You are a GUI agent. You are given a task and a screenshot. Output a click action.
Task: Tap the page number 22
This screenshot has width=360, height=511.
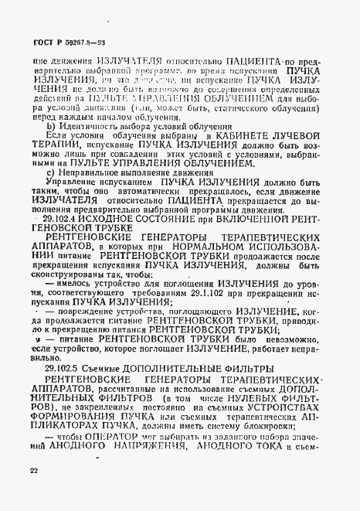pos(32,470)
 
